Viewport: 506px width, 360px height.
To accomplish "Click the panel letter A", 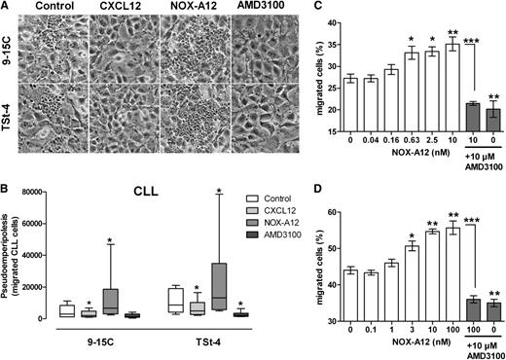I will click(8, 8).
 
